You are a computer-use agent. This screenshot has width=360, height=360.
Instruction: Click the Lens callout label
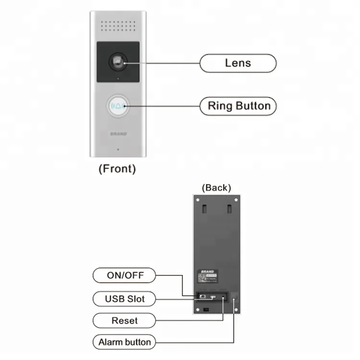pyautogui.click(x=238, y=63)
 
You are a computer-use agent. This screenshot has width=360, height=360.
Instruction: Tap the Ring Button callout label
pyautogui.click(x=238, y=106)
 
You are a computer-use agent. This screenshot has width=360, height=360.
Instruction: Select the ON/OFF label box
pyautogui.click(x=124, y=276)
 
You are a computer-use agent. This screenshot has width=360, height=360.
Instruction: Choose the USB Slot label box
pyautogui.click(x=124, y=299)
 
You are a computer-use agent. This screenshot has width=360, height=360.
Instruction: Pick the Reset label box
pyautogui.click(x=124, y=321)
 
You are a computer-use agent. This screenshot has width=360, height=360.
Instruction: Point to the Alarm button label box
pyautogui.click(x=124, y=342)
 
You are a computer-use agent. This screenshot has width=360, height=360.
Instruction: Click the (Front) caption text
pyautogui.click(x=117, y=169)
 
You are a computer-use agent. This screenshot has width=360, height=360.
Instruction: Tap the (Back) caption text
pyautogui.click(x=216, y=187)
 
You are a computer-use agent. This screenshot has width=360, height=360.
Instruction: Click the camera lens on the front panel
pyautogui.click(x=118, y=61)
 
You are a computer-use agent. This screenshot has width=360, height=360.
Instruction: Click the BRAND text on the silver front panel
pyautogui.click(x=118, y=134)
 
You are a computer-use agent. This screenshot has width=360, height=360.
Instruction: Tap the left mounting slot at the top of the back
pyautogui.click(x=204, y=209)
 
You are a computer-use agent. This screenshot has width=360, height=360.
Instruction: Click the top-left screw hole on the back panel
pyautogui.click(x=197, y=199)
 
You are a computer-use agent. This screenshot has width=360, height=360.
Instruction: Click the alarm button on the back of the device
pyautogui.click(x=235, y=299)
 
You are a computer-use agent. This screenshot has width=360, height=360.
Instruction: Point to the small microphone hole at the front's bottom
pyautogui.click(x=118, y=149)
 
